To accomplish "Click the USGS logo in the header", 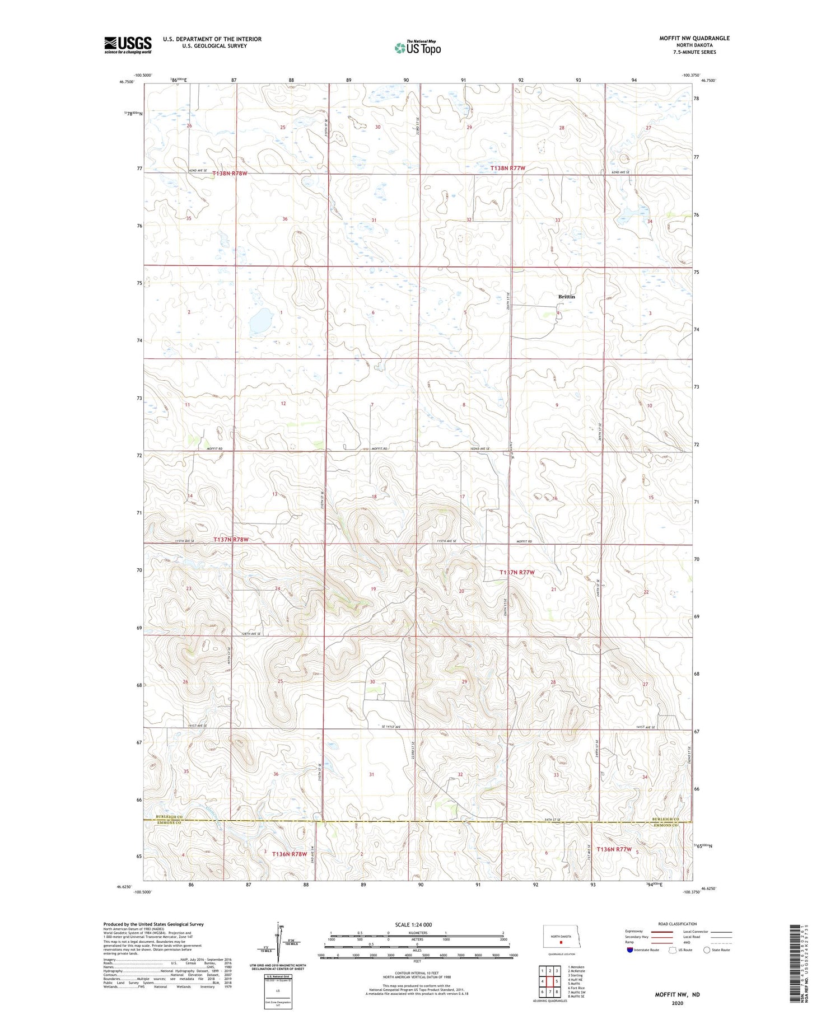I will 128,45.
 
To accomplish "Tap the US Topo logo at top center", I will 417,48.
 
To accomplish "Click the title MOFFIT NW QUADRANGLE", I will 694,38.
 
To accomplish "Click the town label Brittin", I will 566,297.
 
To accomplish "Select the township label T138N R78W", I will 230,174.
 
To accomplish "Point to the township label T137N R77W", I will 517,572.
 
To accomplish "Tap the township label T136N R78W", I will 289,854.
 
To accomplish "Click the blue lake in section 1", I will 260,321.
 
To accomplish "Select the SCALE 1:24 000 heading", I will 417,924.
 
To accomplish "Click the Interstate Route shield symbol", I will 630,949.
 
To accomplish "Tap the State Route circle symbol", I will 707,949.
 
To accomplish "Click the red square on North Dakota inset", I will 561,942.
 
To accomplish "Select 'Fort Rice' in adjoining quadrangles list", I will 576,988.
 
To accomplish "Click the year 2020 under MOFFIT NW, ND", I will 677,1003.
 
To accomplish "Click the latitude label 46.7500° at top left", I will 127,82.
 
